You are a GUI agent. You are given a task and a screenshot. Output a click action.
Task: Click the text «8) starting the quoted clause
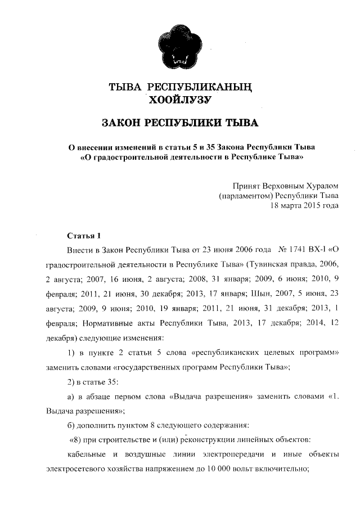coord(75,439)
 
